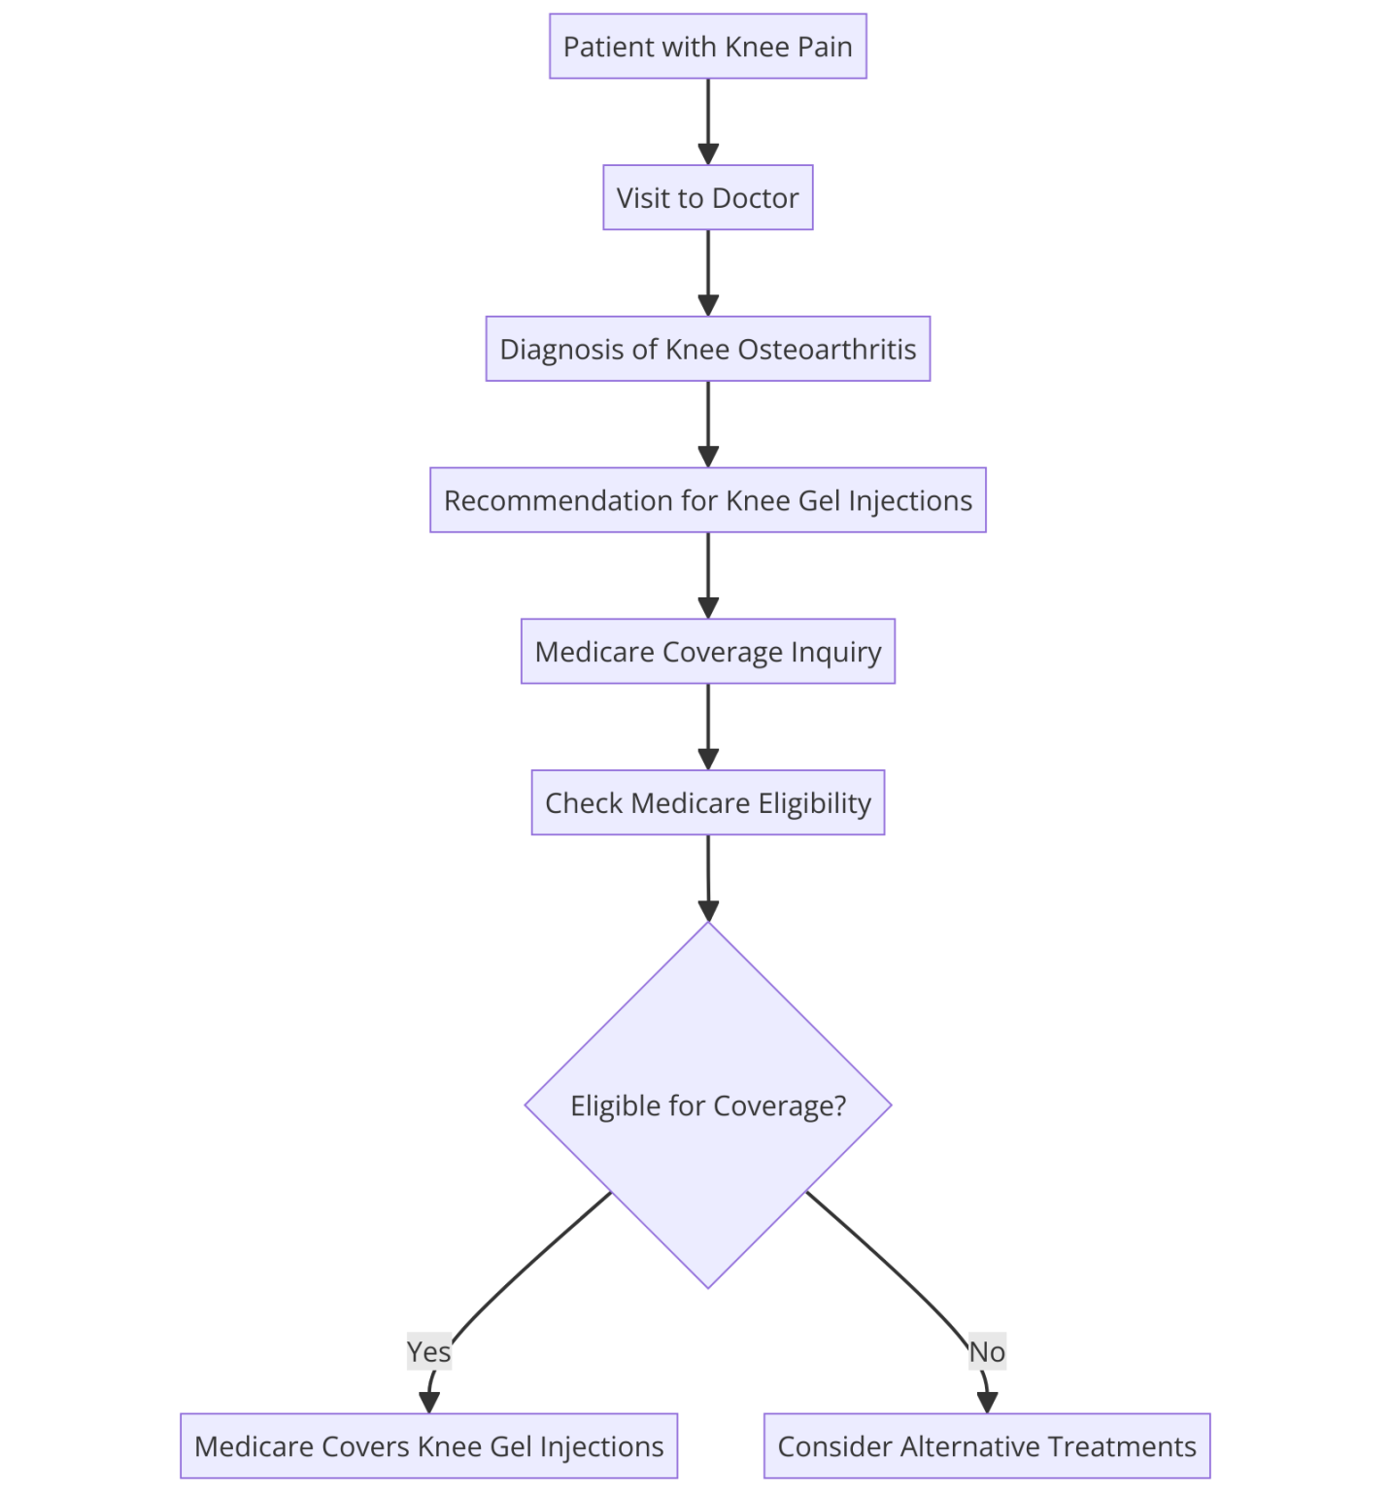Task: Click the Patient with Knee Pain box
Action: pyautogui.click(x=707, y=47)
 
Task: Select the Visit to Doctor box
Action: pyautogui.click(x=707, y=198)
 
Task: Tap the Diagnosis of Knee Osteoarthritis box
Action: pyautogui.click(x=707, y=349)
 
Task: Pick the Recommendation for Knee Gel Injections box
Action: pyautogui.click(x=707, y=500)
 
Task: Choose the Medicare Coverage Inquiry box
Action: pyautogui.click(x=707, y=652)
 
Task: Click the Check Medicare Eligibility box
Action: pyautogui.click(x=707, y=803)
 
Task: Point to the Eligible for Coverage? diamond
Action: pyautogui.click(x=707, y=1105)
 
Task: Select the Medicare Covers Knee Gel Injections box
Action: pyautogui.click(x=428, y=1446)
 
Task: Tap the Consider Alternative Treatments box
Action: pyautogui.click(x=987, y=1446)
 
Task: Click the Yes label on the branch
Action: pyautogui.click(x=428, y=1352)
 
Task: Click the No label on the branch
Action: pyautogui.click(x=987, y=1352)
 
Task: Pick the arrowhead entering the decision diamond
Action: pyautogui.click(x=708, y=910)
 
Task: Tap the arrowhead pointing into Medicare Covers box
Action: pyautogui.click(x=428, y=1402)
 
